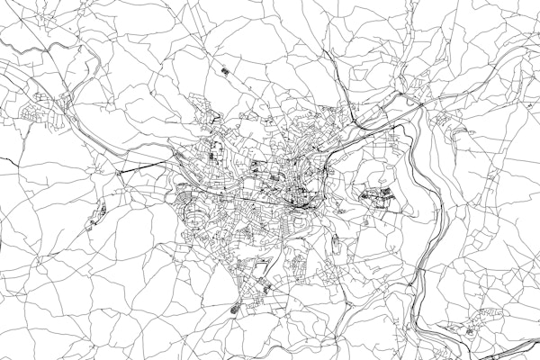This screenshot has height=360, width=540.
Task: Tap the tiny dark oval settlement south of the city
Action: pyautogui.click(x=237, y=310)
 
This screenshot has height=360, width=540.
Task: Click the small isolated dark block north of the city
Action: pyautogui.click(x=224, y=68)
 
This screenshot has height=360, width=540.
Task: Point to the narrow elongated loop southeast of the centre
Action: pyautogui.click(x=335, y=243)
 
